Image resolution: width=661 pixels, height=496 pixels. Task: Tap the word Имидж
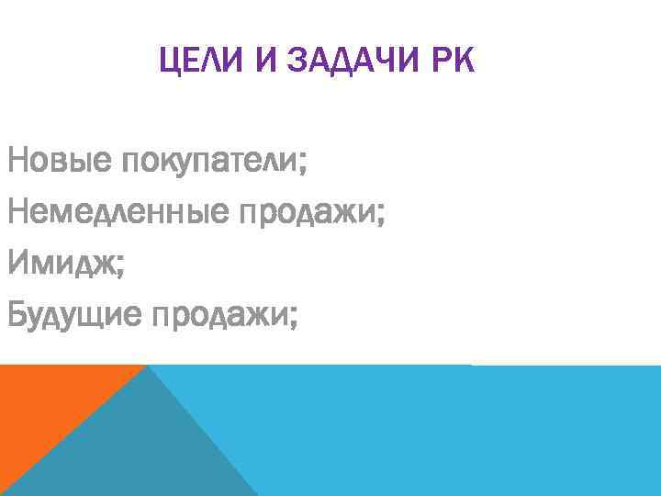60,265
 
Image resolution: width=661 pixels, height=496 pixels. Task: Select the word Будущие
74,317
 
